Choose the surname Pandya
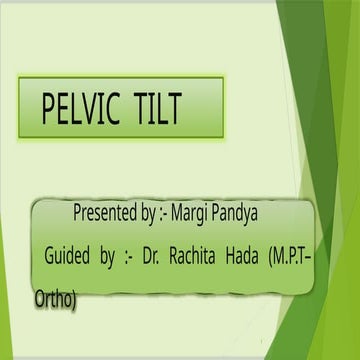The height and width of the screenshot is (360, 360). pos(238,213)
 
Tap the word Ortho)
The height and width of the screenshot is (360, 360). pos(55,297)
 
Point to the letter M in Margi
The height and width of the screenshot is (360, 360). pos(179,213)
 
